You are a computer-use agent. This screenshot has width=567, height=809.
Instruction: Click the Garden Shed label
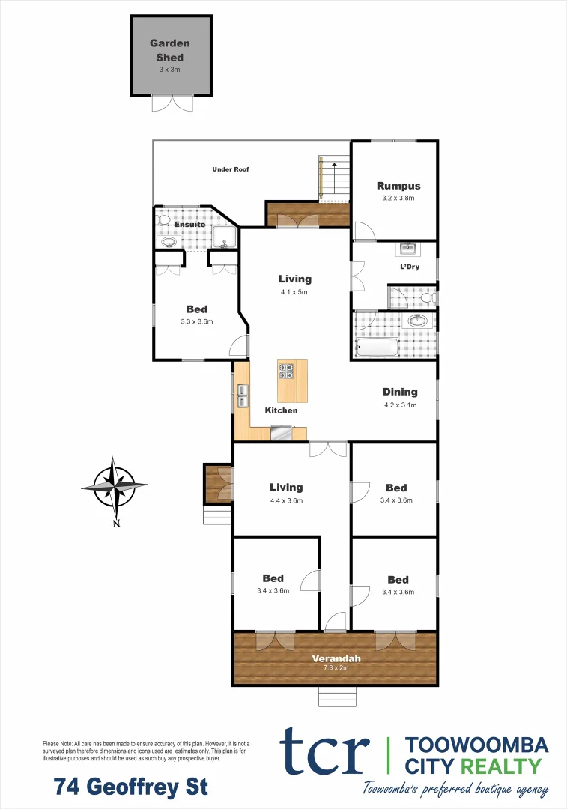point(169,50)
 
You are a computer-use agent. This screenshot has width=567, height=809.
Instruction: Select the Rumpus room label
point(398,186)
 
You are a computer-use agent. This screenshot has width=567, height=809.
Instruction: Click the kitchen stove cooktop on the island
point(286,369)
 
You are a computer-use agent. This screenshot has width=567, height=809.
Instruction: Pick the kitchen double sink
point(243,395)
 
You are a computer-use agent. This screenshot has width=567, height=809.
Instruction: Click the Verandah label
point(336,658)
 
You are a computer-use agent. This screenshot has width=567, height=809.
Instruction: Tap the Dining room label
point(400,392)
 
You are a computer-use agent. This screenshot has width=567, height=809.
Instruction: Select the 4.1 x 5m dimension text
point(294,292)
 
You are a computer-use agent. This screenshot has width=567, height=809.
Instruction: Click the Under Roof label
point(230,169)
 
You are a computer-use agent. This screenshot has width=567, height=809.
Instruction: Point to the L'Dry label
point(409,267)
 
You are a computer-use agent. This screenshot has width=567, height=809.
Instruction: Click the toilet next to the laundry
point(427,298)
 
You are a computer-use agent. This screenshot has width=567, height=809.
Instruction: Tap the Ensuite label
point(190,225)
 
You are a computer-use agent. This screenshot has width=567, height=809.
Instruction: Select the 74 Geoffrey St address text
point(131,787)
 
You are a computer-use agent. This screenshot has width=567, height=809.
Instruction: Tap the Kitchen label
point(282,410)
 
